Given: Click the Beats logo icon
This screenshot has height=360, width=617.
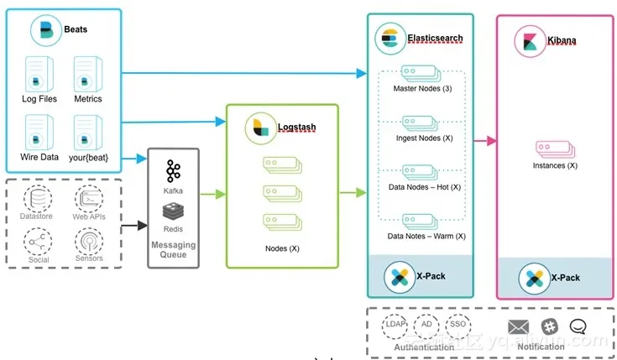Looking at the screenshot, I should (45, 30).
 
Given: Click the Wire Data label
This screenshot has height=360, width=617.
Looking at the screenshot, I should (39, 157).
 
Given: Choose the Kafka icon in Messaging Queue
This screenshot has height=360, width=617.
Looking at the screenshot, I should (174, 171).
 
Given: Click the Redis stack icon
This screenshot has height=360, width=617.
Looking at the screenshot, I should (174, 211).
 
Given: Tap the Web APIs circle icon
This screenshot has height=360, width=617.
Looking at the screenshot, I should (89, 199).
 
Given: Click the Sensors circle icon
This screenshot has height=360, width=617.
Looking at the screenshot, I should (89, 242).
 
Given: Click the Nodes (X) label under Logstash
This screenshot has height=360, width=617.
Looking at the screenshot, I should (281, 249).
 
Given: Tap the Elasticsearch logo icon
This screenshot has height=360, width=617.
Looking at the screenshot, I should (389, 38).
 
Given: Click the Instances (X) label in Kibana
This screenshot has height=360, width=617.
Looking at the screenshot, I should (555, 165).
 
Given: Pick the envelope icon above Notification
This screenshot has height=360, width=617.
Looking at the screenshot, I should (519, 326).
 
